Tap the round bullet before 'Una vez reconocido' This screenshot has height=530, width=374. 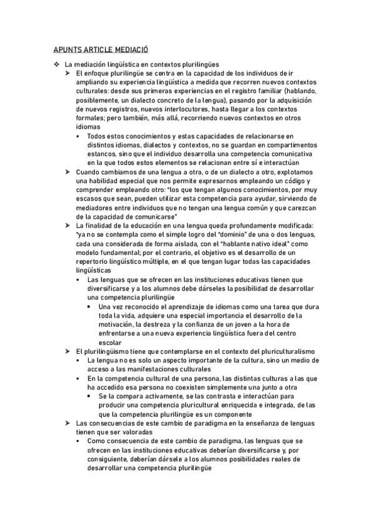pos(91,307)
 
